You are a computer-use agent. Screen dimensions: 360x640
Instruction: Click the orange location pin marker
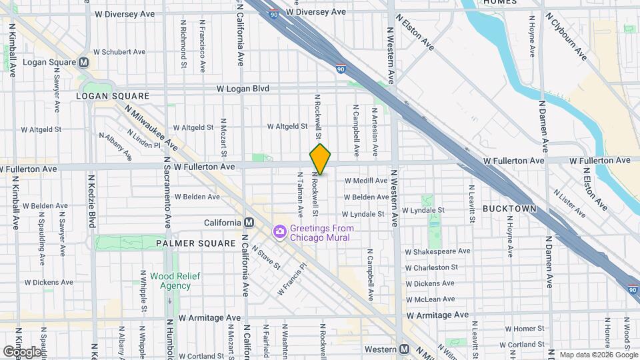pos(320,159)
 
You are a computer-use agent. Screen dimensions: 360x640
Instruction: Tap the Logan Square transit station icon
pos(84,62)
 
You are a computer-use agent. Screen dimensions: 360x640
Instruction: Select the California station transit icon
pos(249,222)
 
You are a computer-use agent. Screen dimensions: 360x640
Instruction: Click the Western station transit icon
pos(404,349)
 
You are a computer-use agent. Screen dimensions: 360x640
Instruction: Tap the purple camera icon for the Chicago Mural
pos(279,231)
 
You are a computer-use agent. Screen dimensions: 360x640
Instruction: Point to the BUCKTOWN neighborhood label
pos(509,209)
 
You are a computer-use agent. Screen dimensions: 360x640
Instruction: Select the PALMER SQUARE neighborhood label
pos(196,243)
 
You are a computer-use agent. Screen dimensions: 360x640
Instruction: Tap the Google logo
pos(22,351)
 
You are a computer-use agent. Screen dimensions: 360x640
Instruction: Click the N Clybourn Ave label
pos(566,36)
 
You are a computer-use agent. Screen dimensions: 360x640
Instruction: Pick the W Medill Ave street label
pos(365,180)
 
